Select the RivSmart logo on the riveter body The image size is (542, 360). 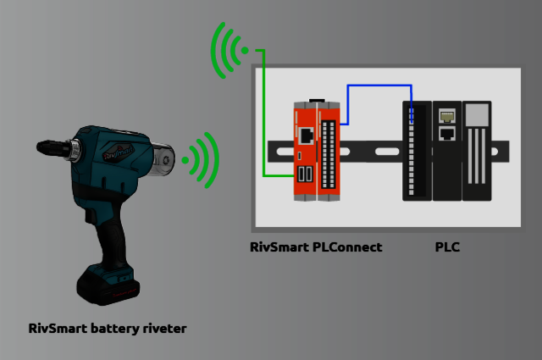118,153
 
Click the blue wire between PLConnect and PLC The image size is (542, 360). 378,86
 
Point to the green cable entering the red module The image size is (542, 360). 264,127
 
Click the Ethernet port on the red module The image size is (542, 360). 305,134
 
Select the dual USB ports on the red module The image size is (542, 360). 305,175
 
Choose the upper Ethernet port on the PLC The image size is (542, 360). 446,114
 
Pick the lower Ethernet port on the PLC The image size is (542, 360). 446,133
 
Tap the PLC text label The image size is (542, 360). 447,247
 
